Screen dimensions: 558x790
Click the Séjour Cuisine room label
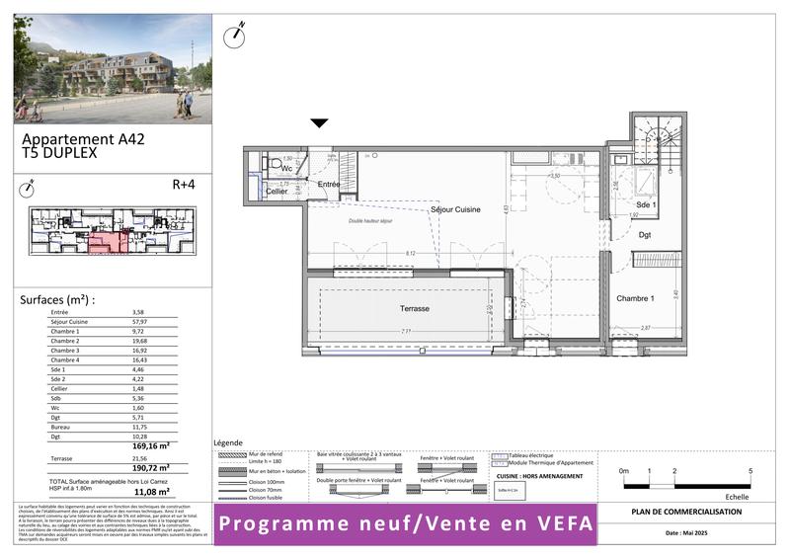(x=455, y=210)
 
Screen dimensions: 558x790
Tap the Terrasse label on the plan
(x=414, y=309)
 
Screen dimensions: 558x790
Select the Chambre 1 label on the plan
(x=636, y=298)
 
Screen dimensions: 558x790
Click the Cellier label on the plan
(x=276, y=191)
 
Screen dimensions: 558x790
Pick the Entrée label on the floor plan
(x=328, y=185)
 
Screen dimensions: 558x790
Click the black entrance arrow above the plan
(x=319, y=123)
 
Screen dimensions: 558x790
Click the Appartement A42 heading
(x=83, y=139)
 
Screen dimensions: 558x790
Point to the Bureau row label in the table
(x=61, y=426)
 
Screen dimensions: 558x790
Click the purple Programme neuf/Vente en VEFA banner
(x=406, y=522)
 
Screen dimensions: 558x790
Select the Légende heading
(x=228, y=442)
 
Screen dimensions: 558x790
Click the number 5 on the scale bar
(x=750, y=472)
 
